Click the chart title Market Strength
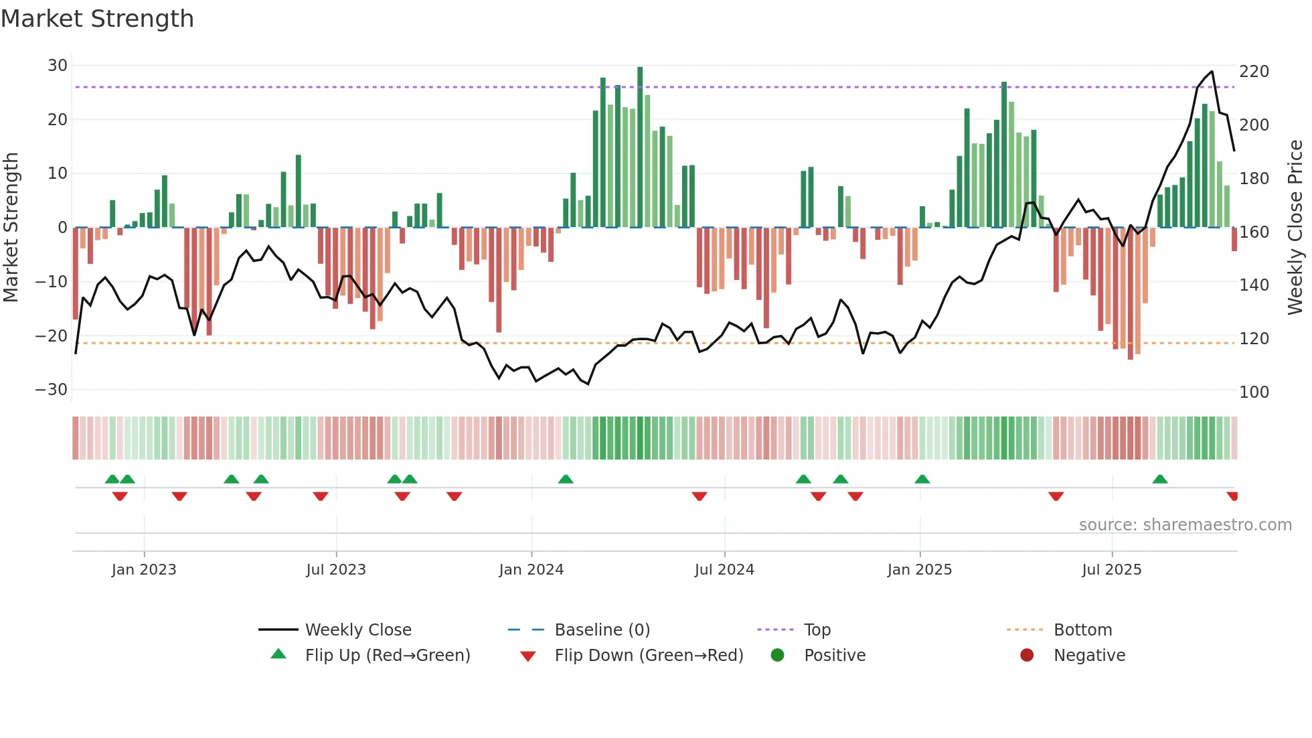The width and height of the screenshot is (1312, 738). click(97, 19)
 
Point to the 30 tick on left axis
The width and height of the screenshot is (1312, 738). click(58, 66)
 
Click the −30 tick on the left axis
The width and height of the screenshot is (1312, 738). click(52, 390)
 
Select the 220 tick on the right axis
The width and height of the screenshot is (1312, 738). click(1254, 72)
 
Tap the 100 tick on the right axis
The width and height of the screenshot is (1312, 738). click(1254, 392)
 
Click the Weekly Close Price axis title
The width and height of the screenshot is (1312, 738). click(1295, 228)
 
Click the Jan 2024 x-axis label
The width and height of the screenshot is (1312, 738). click(531, 570)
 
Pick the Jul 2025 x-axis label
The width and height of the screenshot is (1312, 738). click(1112, 570)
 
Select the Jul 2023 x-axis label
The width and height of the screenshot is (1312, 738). click(336, 570)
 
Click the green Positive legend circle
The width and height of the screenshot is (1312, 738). click(777, 656)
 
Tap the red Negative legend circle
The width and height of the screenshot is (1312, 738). click(1027, 656)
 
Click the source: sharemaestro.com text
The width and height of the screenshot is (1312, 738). click(1185, 525)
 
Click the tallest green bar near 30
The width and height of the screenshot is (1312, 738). click(640, 147)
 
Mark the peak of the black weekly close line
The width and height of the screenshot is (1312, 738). click(1212, 72)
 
